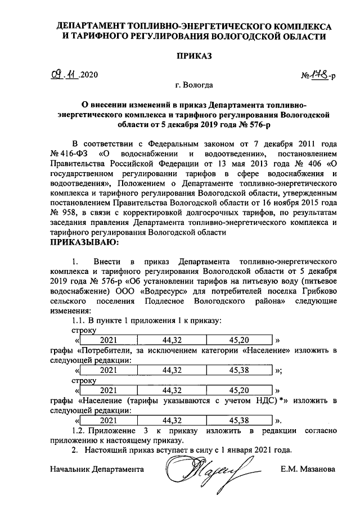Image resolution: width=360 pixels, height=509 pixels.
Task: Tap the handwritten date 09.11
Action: [63, 74]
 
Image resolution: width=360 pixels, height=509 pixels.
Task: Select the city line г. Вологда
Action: [194, 86]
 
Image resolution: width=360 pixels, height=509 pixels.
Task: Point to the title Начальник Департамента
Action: [96, 469]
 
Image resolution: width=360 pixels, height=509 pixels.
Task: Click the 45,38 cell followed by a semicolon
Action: [240, 371]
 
